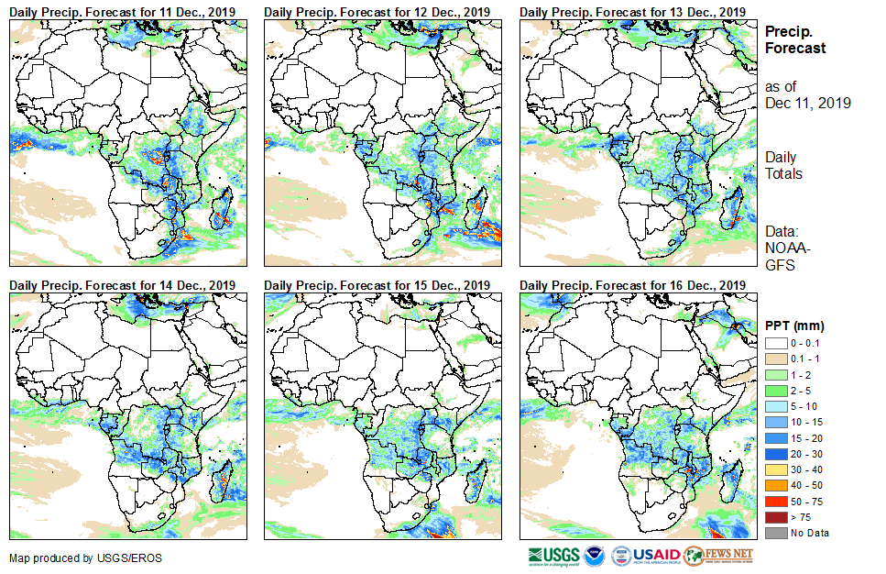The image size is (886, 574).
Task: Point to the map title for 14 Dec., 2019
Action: coord(123,285)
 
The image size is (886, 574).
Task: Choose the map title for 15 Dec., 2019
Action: coord(377,285)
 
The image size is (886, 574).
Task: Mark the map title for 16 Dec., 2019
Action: coord(632,285)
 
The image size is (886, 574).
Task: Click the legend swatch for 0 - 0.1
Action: coord(774,342)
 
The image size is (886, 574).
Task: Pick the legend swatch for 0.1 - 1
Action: coord(774,358)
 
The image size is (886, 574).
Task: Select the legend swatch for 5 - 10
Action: coord(774,405)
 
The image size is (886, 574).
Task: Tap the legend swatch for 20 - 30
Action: coord(774,453)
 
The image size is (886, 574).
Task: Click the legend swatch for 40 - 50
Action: coord(774,485)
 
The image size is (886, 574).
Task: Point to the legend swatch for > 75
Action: coord(774,517)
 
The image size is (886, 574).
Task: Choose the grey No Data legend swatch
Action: coord(774,533)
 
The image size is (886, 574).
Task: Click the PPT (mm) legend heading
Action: coord(794,326)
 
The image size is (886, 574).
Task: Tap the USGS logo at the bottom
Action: coord(553,556)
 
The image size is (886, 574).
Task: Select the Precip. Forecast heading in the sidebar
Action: coord(794,39)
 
